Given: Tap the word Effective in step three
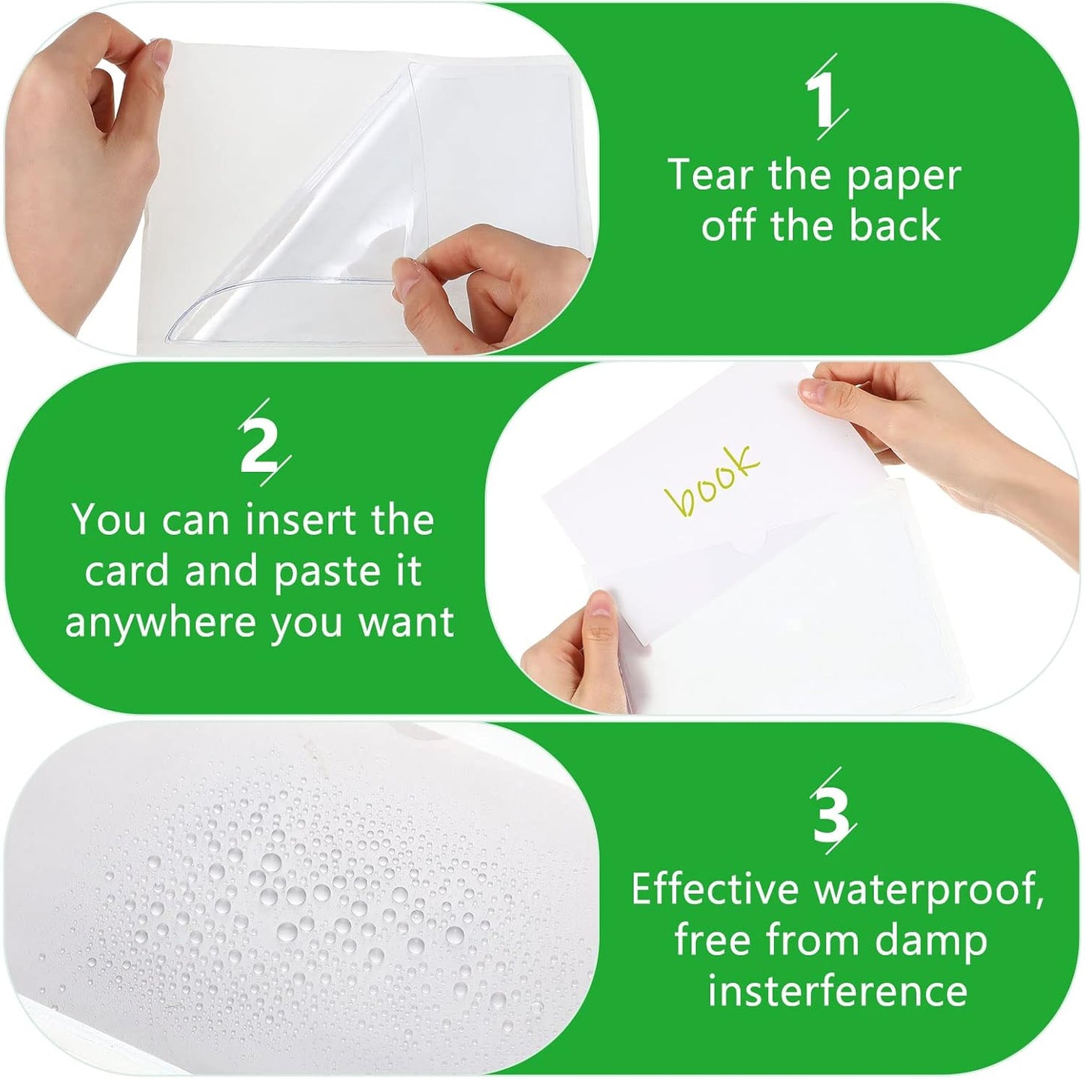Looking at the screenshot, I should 714,890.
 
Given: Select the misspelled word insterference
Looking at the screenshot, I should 837,991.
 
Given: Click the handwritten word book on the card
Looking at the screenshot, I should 711,481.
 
